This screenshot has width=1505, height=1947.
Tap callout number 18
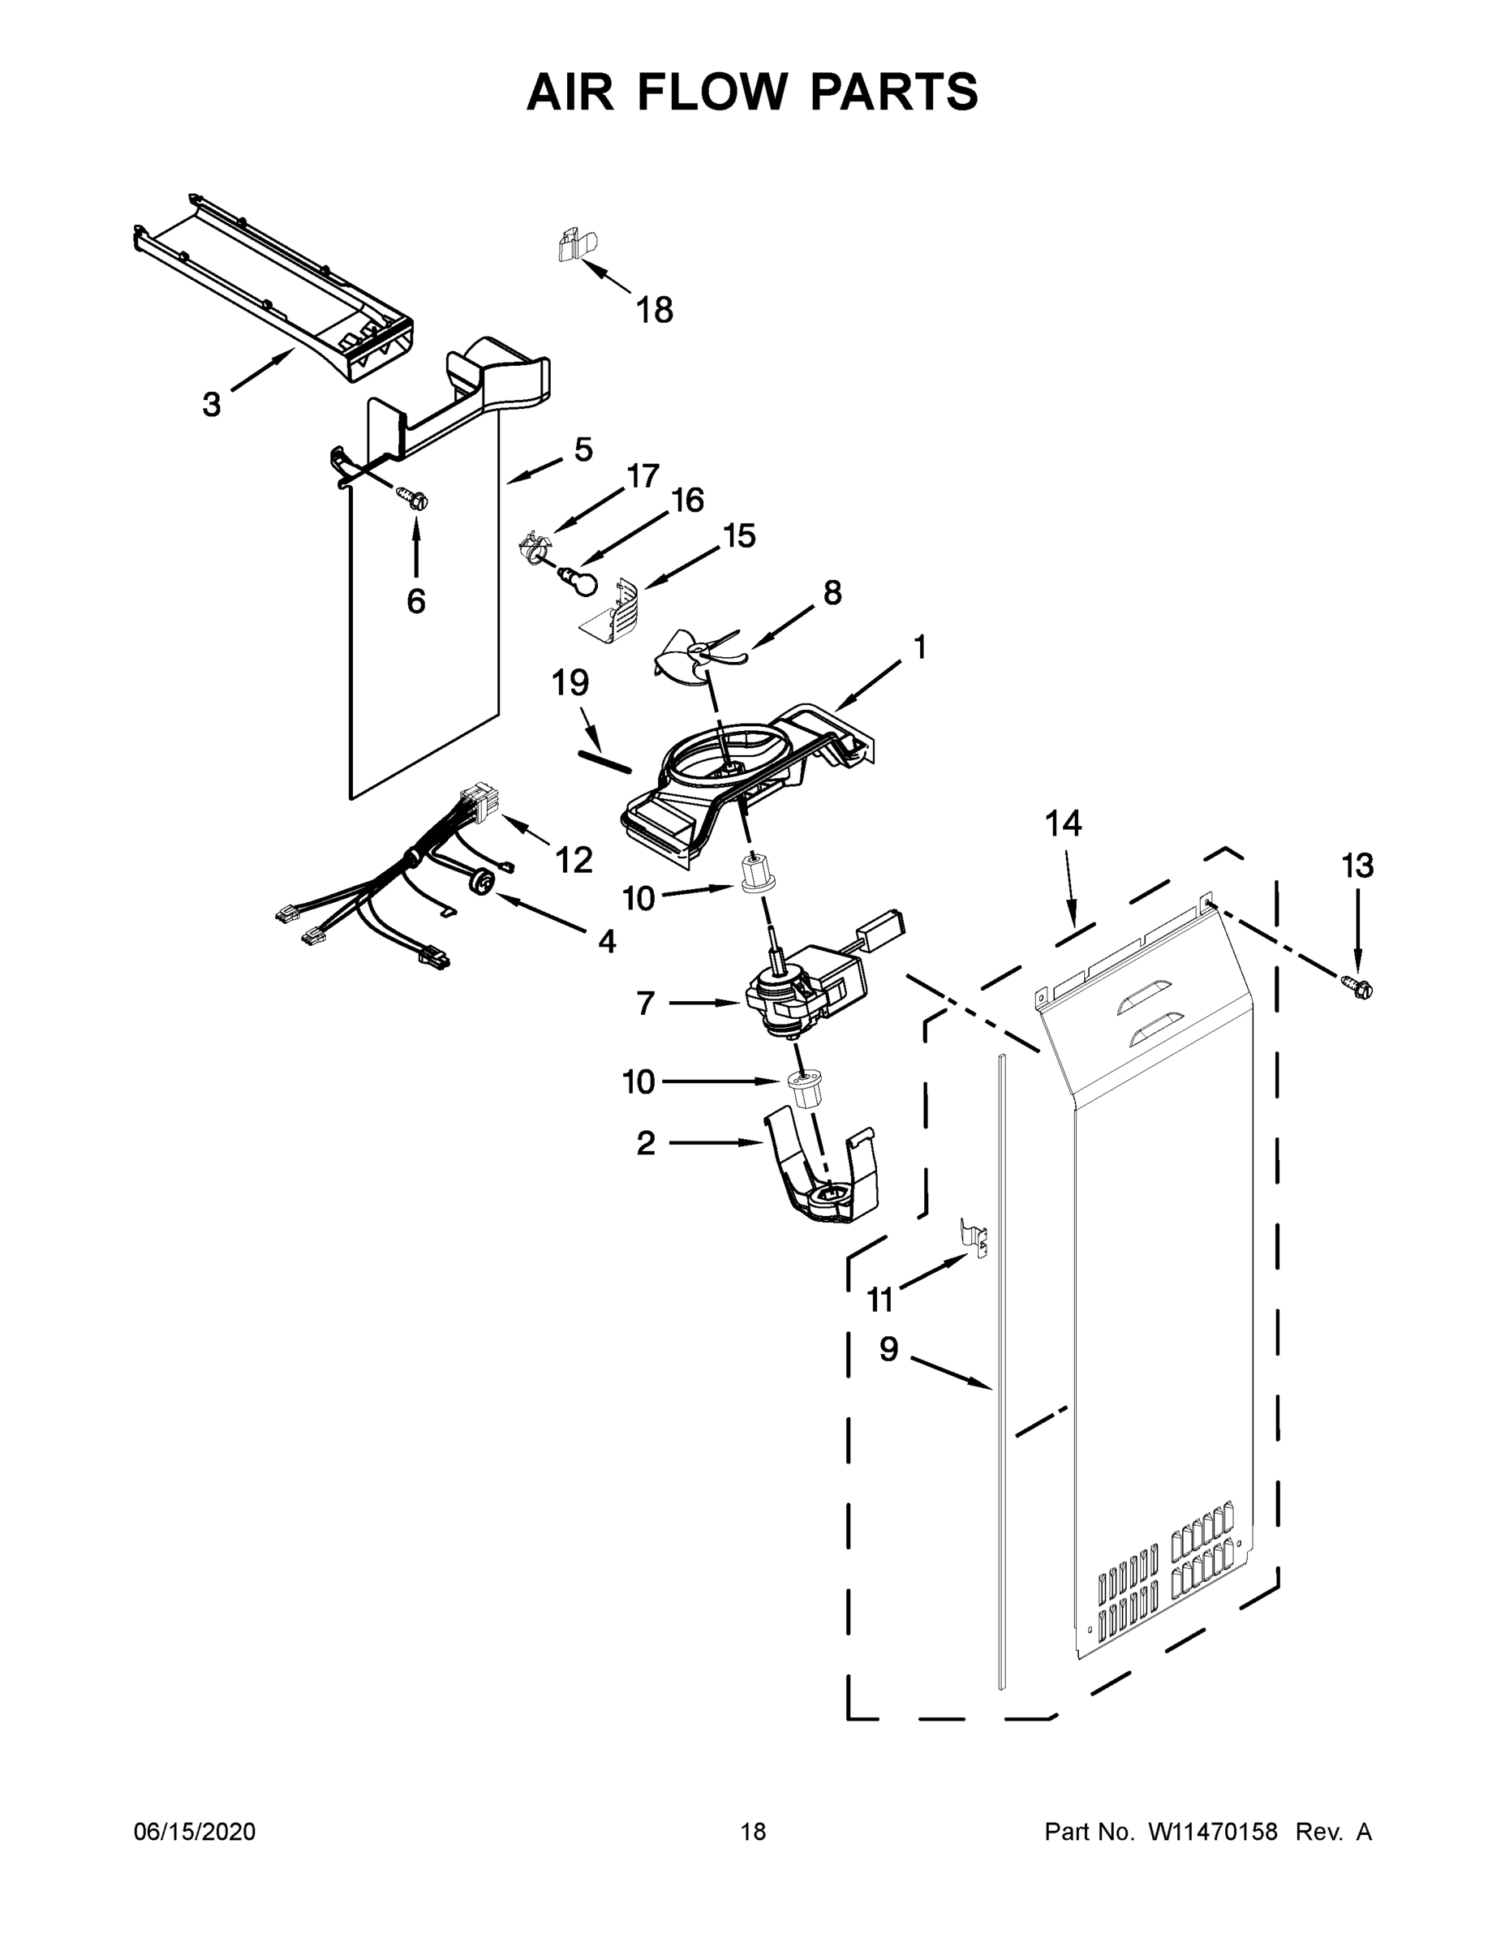[654, 310]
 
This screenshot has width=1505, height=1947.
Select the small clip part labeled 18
[575, 245]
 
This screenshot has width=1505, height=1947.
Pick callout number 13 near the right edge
[1357, 866]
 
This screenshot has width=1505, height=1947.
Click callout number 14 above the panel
[1063, 823]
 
